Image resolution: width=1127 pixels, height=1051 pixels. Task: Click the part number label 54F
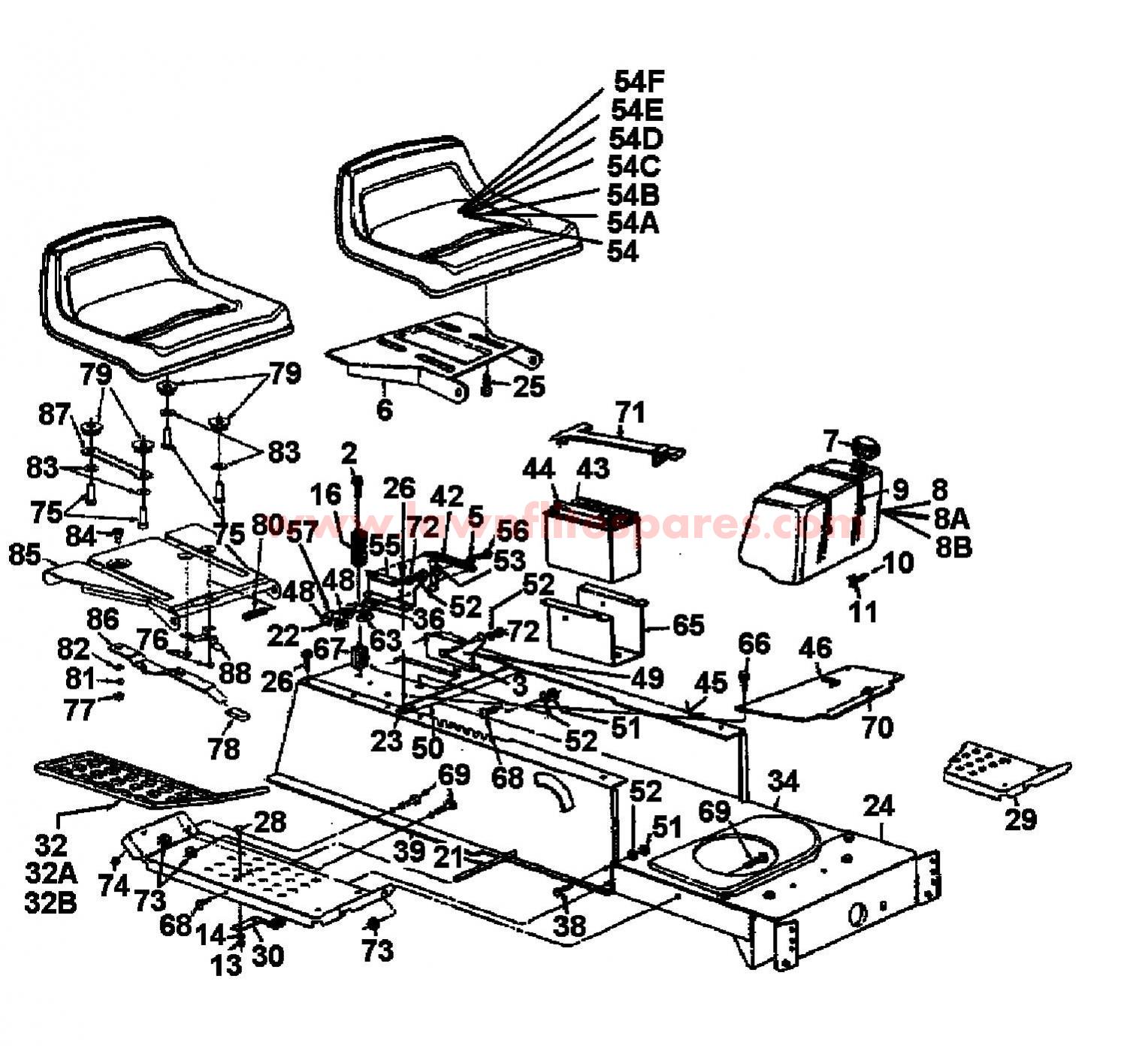(x=640, y=80)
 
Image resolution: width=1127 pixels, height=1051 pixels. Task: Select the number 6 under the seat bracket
(x=384, y=410)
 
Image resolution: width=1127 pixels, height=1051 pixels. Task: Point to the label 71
(x=630, y=413)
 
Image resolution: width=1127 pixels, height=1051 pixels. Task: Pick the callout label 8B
(x=953, y=547)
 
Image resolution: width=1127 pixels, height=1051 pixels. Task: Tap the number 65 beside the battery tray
(x=687, y=625)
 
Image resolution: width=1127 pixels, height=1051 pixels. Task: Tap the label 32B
(x=50, y=901)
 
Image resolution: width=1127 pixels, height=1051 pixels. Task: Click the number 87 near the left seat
(x=55, y=415)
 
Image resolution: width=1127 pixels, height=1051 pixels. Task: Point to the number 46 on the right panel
(x=815, y=648)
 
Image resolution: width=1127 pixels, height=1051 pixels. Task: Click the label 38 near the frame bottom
(x=570, y=925)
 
